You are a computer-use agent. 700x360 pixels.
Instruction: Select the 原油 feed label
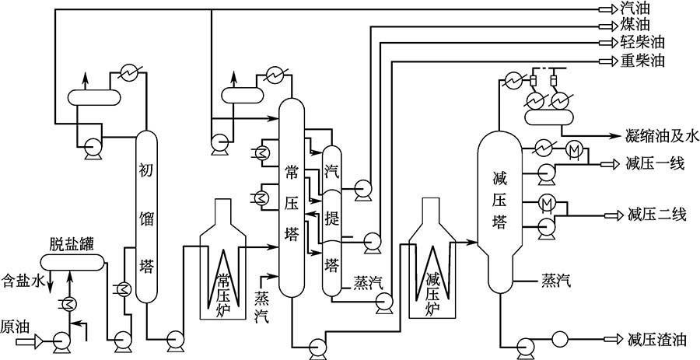[x=16, y=324]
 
